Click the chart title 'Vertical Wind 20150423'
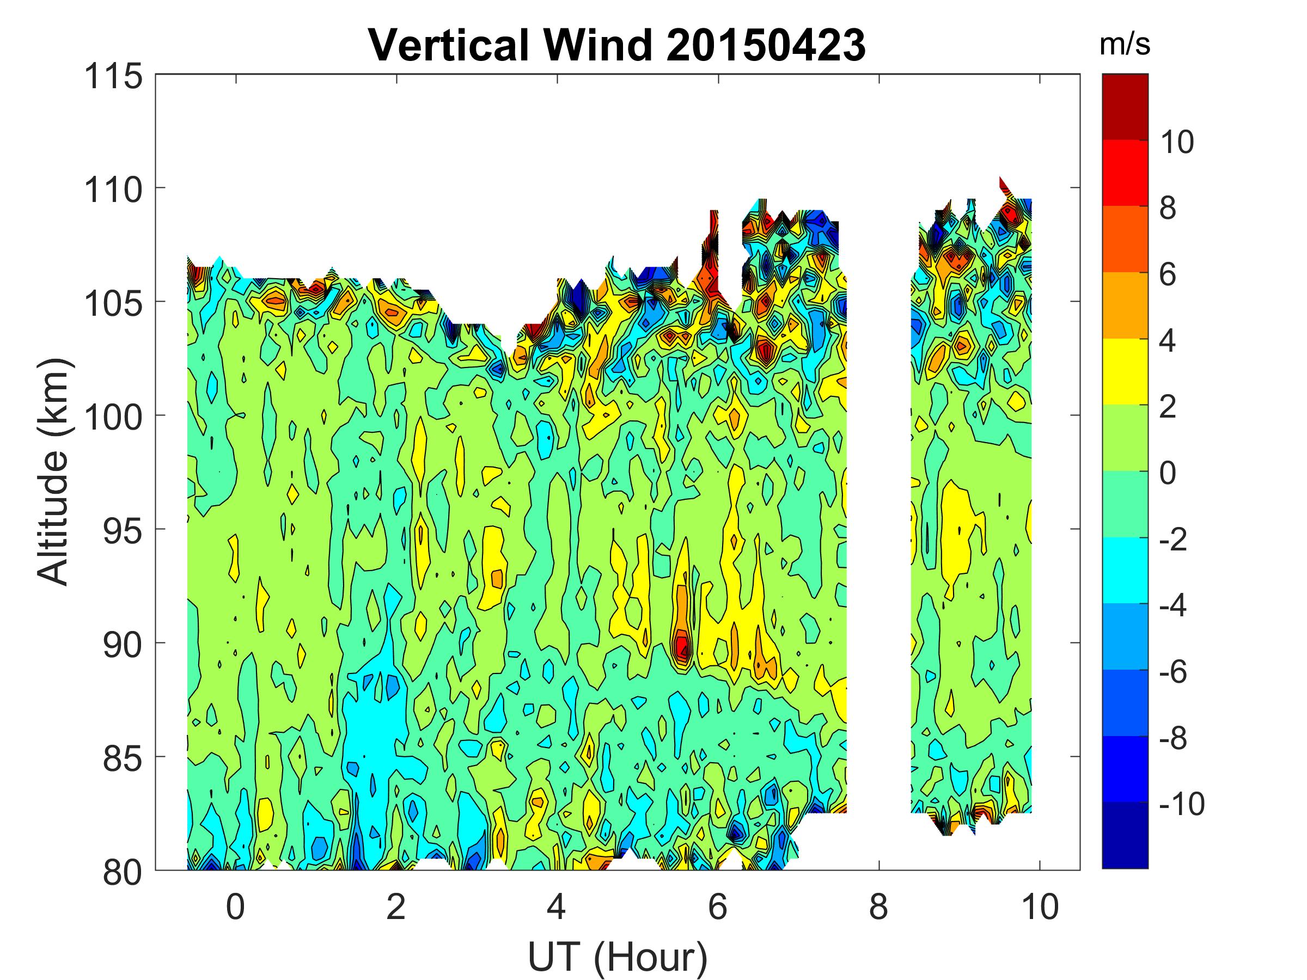point(617,45)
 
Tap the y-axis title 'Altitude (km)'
point(54,471)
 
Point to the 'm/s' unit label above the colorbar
point(1125,45)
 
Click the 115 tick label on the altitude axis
point(113,77)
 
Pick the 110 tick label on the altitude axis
point(113,190)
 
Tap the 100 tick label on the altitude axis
point(113,418)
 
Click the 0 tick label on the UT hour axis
point(235,906)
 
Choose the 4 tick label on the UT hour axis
point(557,906)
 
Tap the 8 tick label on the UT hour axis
point(878,906)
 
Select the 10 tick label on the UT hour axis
point(1040,906)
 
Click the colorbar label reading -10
point(1181,804)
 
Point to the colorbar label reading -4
point(1172,605)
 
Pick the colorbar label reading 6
point(1168,274)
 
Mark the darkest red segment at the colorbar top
point(1125,106)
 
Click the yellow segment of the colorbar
point(1125,371)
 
